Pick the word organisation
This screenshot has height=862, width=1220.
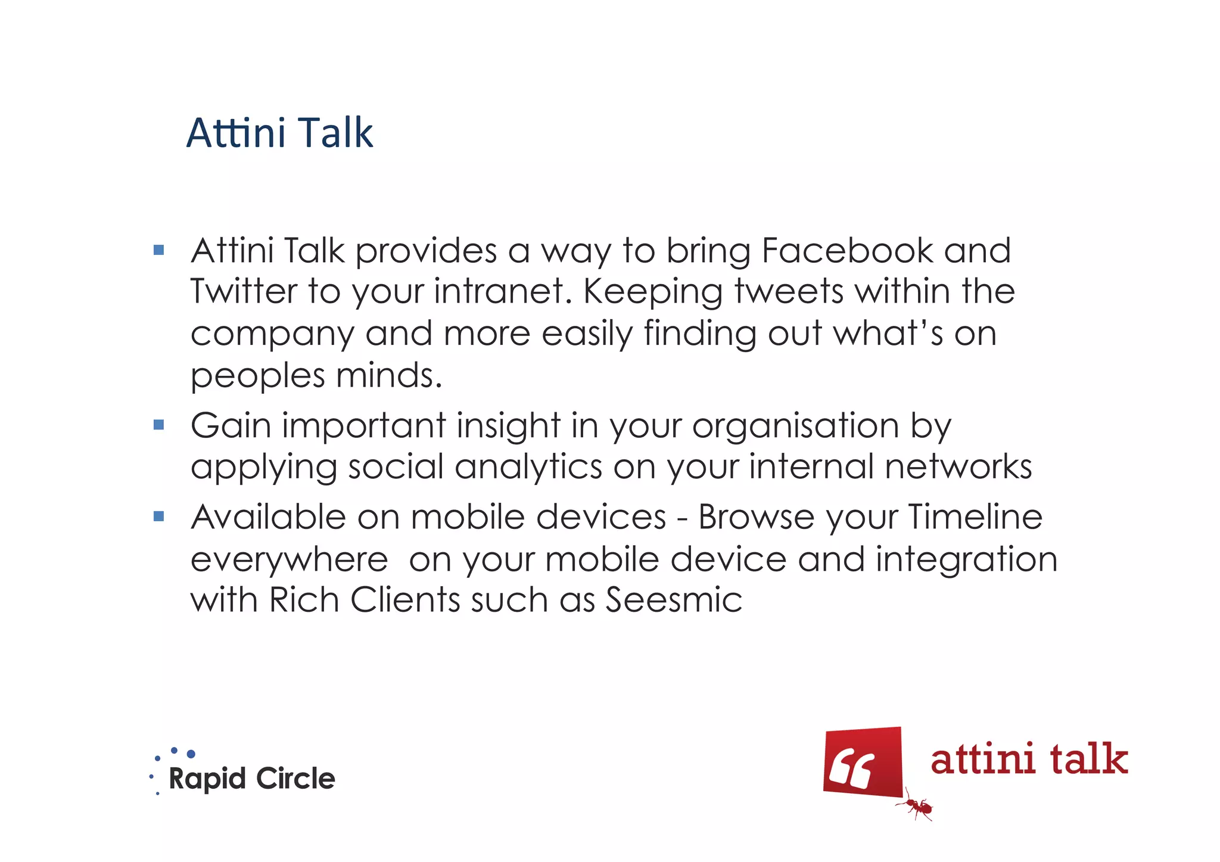795,427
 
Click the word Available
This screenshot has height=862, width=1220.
268,516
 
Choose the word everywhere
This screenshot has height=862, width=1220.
289,560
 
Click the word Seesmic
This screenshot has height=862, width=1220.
674,600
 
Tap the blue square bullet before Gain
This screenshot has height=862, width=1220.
158,425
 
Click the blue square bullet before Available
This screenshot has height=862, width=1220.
158,516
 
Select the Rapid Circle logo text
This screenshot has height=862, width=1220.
251,779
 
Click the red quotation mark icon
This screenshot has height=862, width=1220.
863,762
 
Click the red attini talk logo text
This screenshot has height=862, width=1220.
1029,760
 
